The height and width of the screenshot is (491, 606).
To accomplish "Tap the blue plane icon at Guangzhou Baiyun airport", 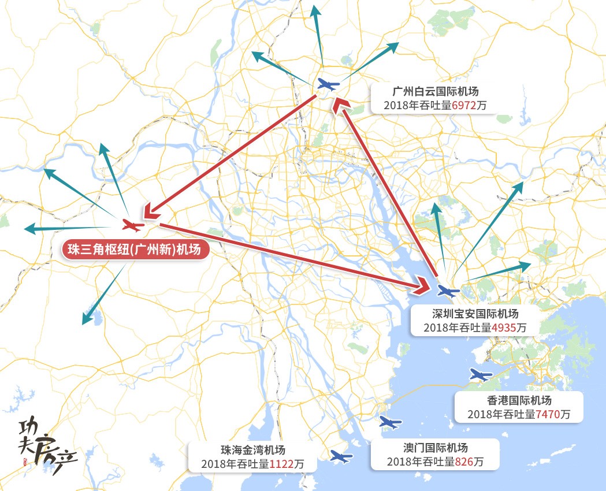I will (x=328, y=85).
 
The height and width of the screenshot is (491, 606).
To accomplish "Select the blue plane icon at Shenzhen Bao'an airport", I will (x=447, y=291).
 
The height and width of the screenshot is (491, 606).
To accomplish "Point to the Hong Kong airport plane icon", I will (x=480, y=375).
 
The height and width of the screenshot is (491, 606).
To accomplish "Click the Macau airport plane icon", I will (x=390, y=423).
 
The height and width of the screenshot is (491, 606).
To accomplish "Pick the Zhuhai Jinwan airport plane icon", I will (x=341, y=457).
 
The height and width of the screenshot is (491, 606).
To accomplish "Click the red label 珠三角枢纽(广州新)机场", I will (x=135, y=250).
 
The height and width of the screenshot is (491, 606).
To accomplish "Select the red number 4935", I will (x=504, y=328).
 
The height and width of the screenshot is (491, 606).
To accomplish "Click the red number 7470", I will (x=547, y=414).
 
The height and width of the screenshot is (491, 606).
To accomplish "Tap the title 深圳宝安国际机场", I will (x=475, y=314).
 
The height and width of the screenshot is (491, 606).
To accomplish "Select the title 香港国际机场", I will (x=518, y=400).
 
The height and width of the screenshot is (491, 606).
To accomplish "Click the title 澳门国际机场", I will (x=435, y=448).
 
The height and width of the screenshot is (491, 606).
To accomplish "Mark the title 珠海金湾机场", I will (x=252, y=450).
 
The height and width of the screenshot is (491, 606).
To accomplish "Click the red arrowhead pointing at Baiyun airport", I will (x=341, y=105).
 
